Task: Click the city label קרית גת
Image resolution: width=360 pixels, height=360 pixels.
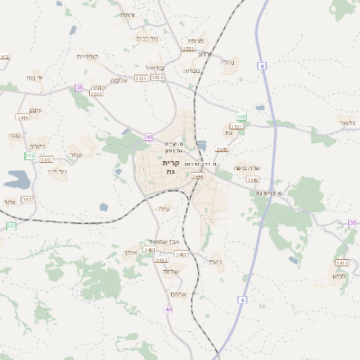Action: [171, 167]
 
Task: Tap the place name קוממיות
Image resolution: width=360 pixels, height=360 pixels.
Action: [88, 56]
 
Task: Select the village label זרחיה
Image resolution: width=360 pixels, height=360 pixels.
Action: [126, 15]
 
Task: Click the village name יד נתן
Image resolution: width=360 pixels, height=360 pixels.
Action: [35, 78]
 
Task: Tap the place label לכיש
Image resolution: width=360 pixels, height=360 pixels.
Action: [338, 274]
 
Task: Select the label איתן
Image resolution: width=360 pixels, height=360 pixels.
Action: [130, 254]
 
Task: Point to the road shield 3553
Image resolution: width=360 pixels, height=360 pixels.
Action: [187, 49]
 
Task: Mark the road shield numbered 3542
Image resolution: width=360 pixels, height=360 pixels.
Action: [253, 179]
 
